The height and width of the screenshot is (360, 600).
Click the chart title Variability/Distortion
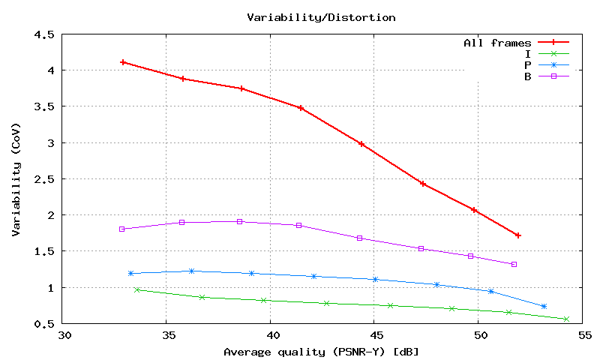[x=321, y=16]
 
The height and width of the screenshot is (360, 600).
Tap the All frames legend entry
[x=497, y=43]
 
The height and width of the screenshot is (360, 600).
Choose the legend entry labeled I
[x=528, y=53]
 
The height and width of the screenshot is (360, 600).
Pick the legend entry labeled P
[x=528, y=64]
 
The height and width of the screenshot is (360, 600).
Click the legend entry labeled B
[x=528, y=76]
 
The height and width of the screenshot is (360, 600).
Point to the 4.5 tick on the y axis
[x=44, y=34]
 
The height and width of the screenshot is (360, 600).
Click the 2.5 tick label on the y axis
[x=44, y=179]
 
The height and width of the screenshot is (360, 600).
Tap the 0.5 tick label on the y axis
[x=44, y=324]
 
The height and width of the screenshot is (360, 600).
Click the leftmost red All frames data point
[x=123, y=62]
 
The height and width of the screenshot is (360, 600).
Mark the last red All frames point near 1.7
[x=518, y=235]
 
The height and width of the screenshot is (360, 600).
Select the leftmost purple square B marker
[x=121, y=229]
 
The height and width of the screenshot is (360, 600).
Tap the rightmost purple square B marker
[x=514, y=264]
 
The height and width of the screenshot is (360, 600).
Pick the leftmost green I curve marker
[x=137, y=289]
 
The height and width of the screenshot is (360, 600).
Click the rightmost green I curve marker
[x=566, y=319]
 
